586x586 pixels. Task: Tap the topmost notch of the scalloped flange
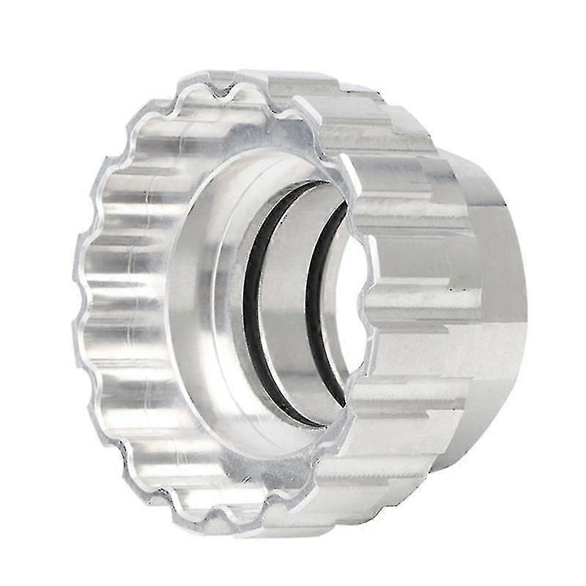[220, 88]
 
